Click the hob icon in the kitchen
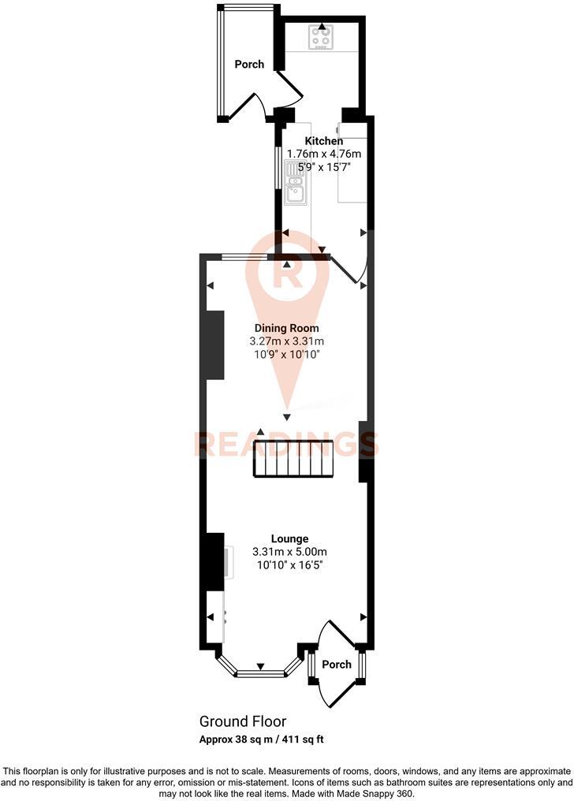click(x=321, y=37)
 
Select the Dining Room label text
click(x=286, y=328)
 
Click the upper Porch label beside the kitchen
click(x=249, y=64)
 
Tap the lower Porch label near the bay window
click(x=337, y=664)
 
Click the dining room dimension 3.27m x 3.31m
click(x=286, y=341)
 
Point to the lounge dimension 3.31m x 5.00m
click(x=289, y=552)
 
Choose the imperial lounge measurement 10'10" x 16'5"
click(x=289, y=564)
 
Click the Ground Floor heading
click(x=242, y=721)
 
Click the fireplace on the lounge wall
click(x=213, y=561)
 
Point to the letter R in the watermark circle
click(x=288, y=277)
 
